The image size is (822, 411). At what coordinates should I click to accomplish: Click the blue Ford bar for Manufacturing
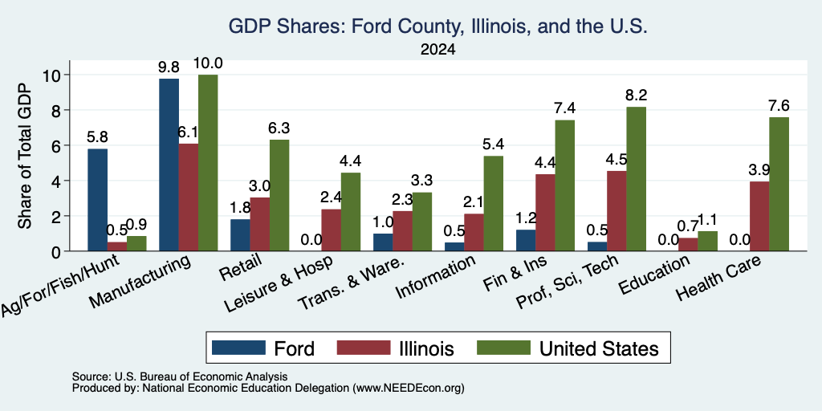(x=169, y=165)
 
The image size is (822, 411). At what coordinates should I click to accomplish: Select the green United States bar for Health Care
(x=779, y=184)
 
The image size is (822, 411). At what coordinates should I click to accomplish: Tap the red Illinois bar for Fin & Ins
(x=545, y=212)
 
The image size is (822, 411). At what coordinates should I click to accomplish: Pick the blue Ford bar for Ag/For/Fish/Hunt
(x=97, y=200)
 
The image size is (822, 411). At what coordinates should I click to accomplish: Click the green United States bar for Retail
(x=279, y=195)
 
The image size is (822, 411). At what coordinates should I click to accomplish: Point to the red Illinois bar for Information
(x=474, y=232)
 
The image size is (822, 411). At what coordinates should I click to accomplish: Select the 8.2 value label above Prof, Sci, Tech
(x=636, y=96)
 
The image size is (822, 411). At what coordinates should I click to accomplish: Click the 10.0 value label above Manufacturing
(x=208, y=63)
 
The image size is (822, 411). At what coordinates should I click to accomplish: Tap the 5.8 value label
(x=97, y=137)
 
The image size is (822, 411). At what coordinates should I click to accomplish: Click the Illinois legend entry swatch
(x=364, y=348)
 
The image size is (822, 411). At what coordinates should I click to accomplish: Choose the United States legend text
(x=599, y=348)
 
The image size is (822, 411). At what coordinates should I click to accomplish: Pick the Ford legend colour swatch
(x=238, y=348)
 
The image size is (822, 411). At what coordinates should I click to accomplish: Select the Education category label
(x=654, y=275)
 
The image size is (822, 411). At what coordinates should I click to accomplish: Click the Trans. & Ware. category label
(x=352, y=283)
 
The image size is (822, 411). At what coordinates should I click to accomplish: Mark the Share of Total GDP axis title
(x=25, y=155)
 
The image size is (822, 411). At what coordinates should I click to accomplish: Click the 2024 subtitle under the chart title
(x=437, y=50)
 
